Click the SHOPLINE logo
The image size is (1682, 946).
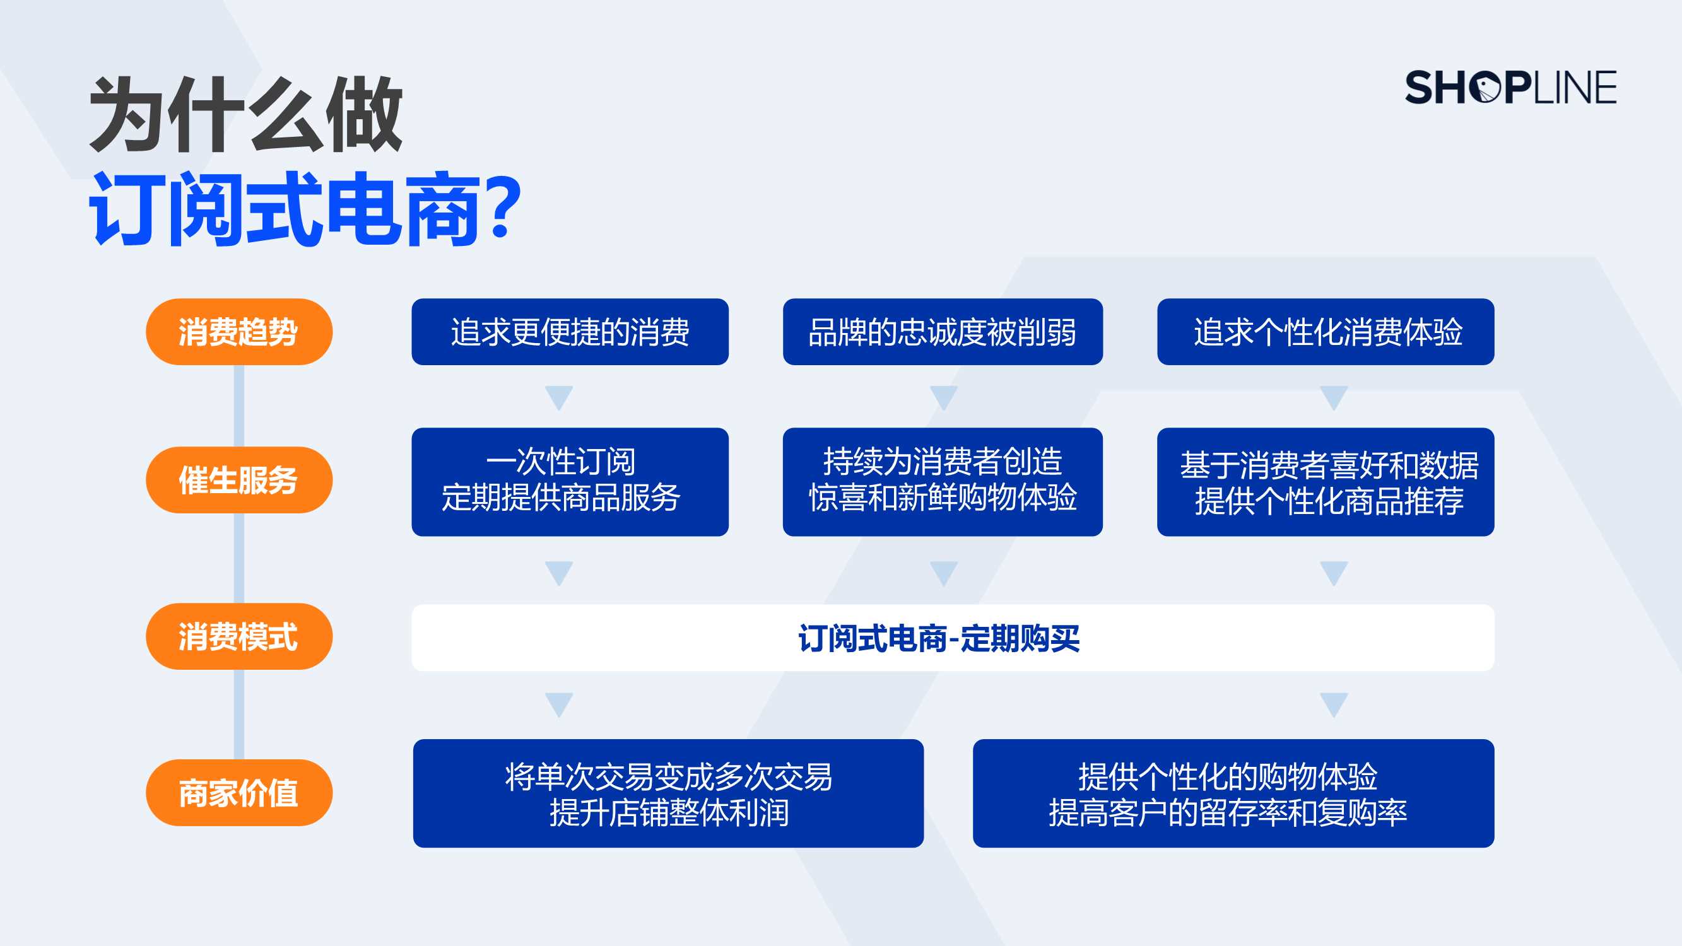(1510, 88)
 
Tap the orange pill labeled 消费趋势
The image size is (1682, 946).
(239, 332)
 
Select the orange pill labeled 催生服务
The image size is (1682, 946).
(239, 480)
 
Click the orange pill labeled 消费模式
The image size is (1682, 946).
(239, 636)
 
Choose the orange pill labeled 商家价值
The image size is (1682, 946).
(239, 793)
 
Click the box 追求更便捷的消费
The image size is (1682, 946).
(570, 332)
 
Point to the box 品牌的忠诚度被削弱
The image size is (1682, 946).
(943, 332)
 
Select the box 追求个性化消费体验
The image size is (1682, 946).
(1326, 332)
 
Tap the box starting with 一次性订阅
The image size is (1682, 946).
(570, 482)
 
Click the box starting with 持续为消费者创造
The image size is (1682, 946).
(943, 482)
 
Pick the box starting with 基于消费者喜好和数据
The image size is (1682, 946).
(1326, 482)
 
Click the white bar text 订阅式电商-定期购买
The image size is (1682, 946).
(939, 638)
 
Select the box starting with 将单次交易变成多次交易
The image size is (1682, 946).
(669, 793)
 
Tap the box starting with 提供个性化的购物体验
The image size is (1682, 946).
(1233, 793)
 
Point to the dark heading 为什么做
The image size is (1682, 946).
(246, 114)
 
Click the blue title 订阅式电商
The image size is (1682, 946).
(286, 209)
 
